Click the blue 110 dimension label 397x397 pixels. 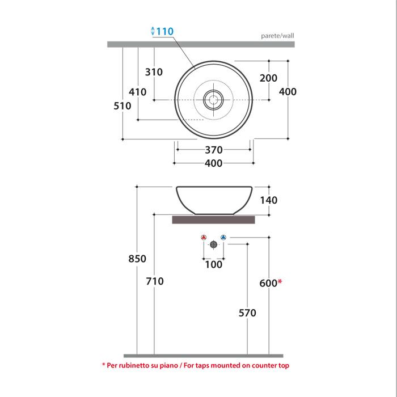click(x=165, y=31)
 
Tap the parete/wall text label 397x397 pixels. click(x=277, y=36)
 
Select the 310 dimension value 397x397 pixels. click(x=154, y=72)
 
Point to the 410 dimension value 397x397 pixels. click(x=137, y=92)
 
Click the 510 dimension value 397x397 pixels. click(x=123, y=106)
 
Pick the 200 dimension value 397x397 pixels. click(x=268, y=78)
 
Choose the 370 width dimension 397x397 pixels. click(x=214, y=150)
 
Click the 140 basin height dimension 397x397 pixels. click(x=269, y=200)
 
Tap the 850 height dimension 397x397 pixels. click(x=137, y=259)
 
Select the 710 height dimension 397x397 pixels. click(x=155, y=281)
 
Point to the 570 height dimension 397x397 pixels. click(x=247, y=313)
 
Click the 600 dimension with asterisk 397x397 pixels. click(x=271, y=283)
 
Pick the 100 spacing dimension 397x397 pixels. click(x=213, y=265)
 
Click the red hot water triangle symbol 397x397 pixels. click(x=204, y=238)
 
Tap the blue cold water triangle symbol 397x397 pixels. click(x=223, y=238)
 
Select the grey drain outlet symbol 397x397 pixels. click(x=213, y=244)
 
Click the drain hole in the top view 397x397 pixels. click(x=213, y=100)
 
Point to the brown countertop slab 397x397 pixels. click(x=213, y=219)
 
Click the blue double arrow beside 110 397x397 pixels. click(x=153, y=31)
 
